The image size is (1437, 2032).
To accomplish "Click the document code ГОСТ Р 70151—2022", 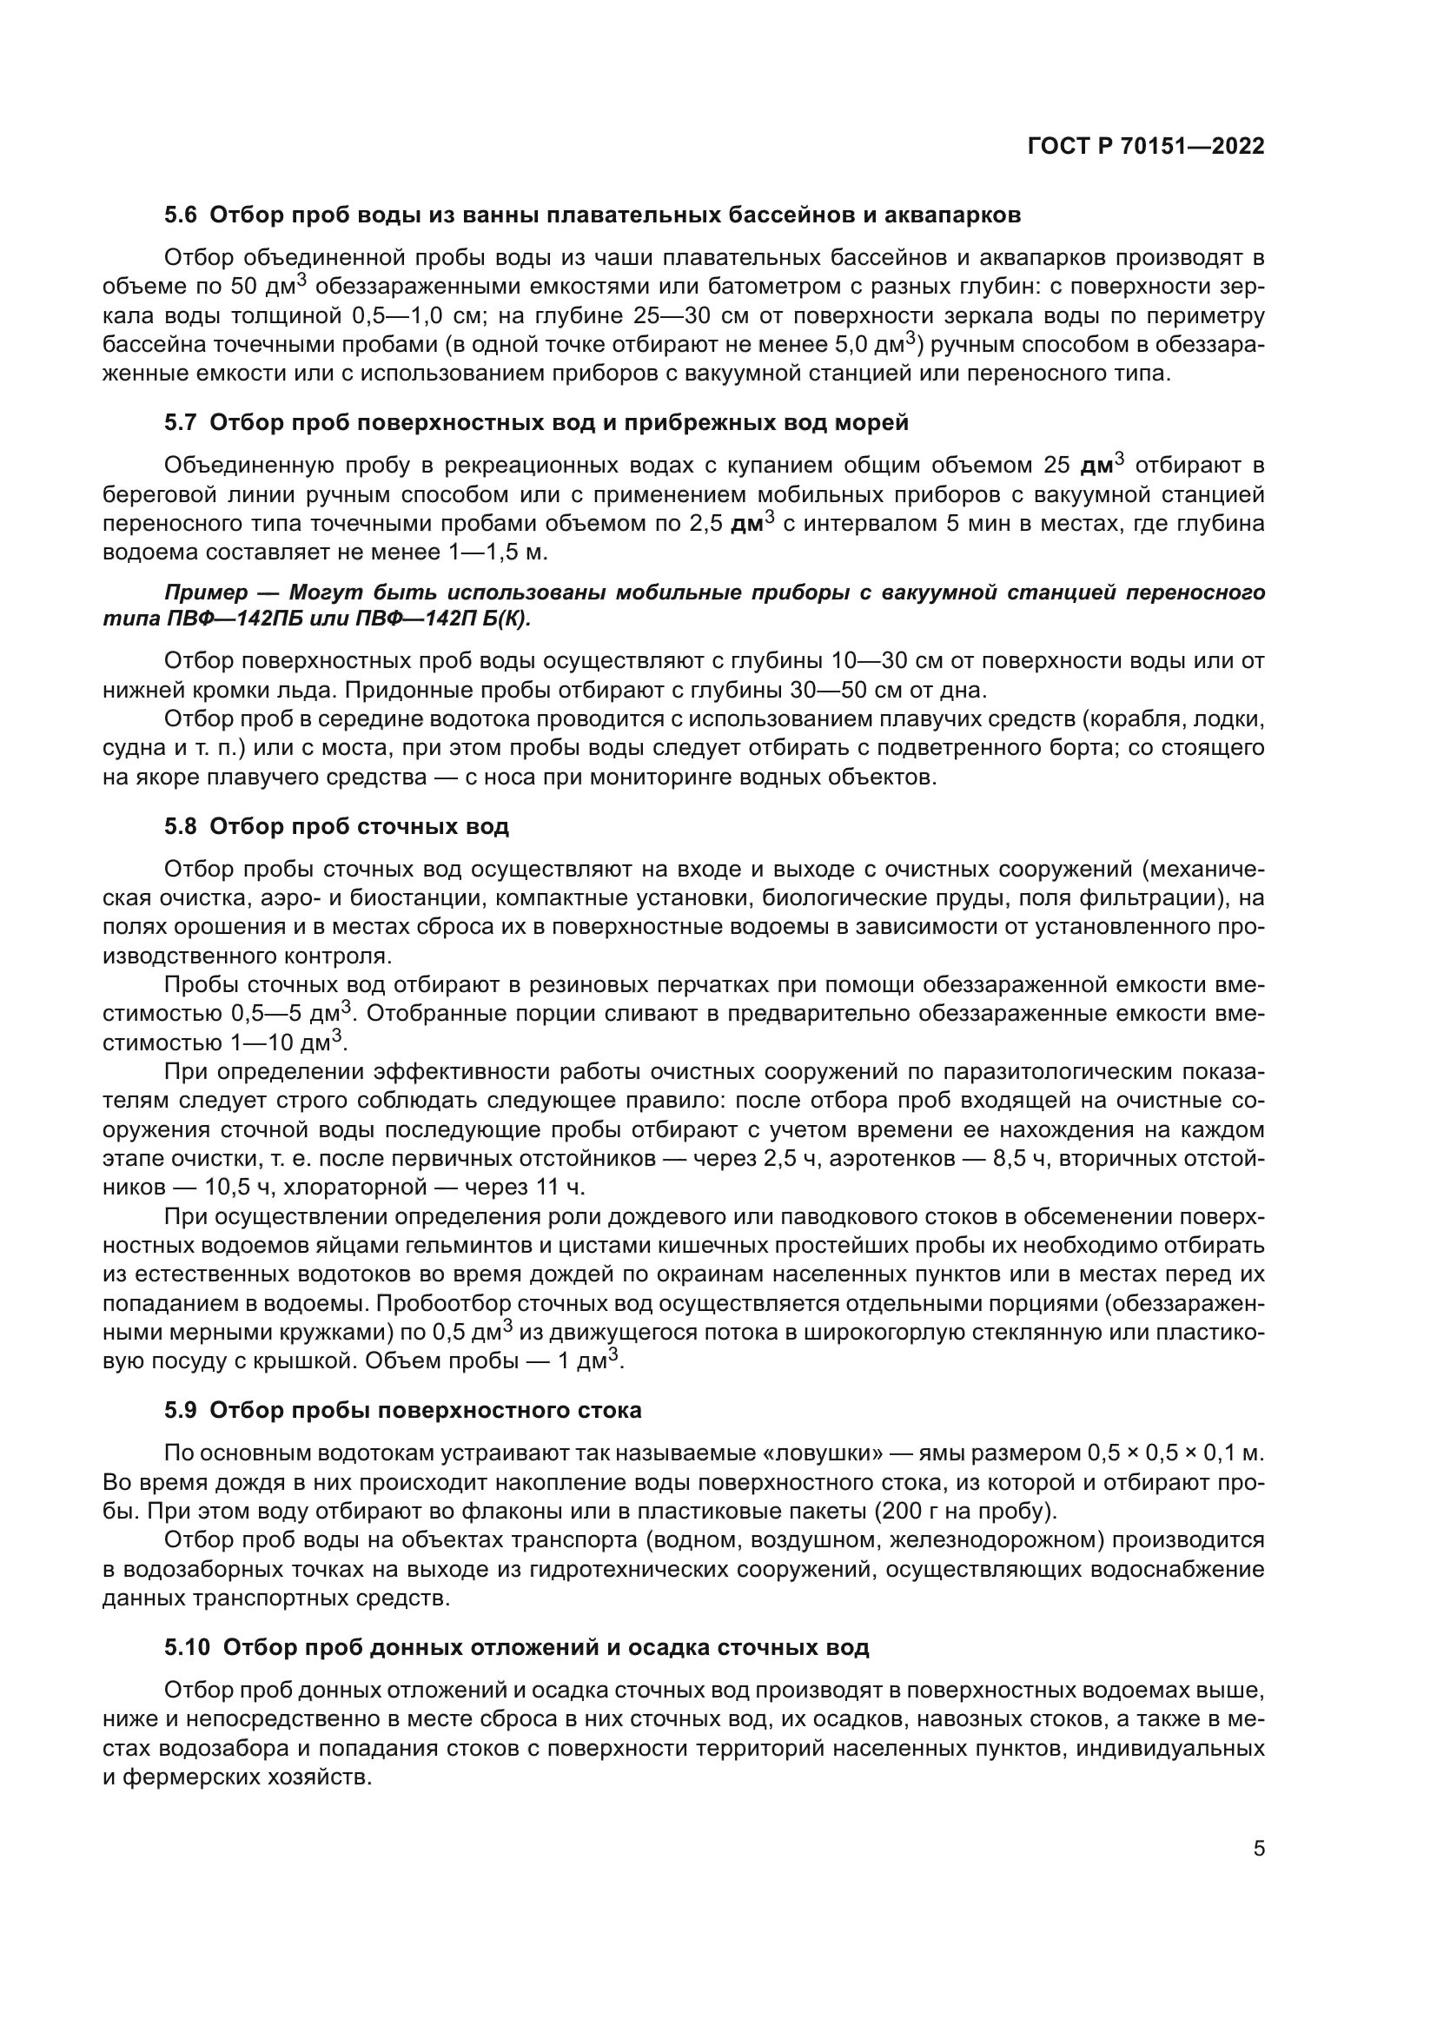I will (1146, 147).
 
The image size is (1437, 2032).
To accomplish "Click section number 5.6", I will (182, 215).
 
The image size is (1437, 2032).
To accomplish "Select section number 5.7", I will (182, 422).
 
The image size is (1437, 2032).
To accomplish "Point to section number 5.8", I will (182, 826).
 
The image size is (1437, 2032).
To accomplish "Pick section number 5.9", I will (182, 1410).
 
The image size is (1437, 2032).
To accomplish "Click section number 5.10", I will (188, 1647).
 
